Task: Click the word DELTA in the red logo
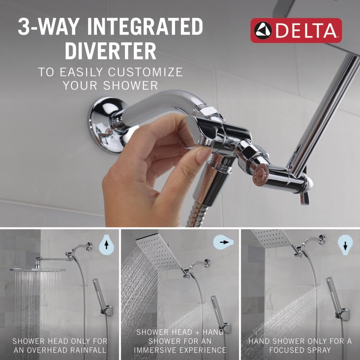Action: point(307,30)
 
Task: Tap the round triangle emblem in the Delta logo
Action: point(263,30)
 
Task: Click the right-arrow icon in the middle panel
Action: point(226,242)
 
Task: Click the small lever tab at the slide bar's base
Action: point(306,198)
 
